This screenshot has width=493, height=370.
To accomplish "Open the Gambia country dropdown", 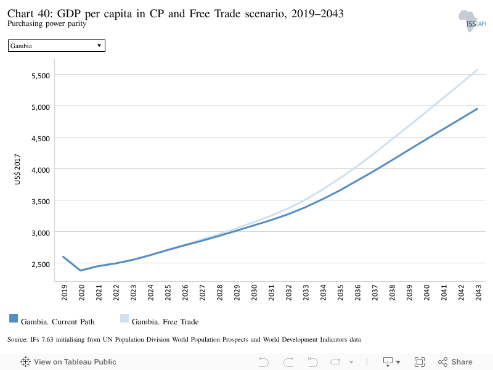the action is click(x=57, y=46).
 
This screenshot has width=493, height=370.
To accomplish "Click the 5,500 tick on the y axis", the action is click(x=41, y=75).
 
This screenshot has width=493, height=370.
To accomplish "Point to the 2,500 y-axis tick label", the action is click(x=41, y=265).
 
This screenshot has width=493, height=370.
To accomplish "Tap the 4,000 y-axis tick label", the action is click(x=41, y=170).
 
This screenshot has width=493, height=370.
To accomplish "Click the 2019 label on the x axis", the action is click(x=64, y=292).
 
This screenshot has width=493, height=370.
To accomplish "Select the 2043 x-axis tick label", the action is click(x=478, y=292).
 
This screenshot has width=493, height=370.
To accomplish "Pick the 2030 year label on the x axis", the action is click(x=254, y=292).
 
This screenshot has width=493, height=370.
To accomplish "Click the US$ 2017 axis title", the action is click(x=17, y=169).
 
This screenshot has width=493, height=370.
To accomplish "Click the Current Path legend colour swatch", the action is click(x=14, y=318).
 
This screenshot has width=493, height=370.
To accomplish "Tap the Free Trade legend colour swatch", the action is click(x=124, y=318).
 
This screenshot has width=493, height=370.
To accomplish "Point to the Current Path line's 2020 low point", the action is click(x=81, y=270).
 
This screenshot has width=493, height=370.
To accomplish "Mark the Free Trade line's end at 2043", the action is click(x=477, y=70).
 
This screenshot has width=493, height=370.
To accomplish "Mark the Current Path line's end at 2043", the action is click(x=477, y=109).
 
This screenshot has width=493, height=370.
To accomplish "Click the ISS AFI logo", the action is click(x=472, y=21).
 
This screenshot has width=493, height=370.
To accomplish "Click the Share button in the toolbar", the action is click(x=455, y=362).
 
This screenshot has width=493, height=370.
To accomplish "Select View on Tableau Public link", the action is click(x=68, y=362).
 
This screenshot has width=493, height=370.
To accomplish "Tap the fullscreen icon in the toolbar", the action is click(x=420, y=362).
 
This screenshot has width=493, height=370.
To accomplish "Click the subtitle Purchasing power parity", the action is click(x=47, y=23).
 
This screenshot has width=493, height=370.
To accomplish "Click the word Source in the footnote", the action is click(x=18, y=340).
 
